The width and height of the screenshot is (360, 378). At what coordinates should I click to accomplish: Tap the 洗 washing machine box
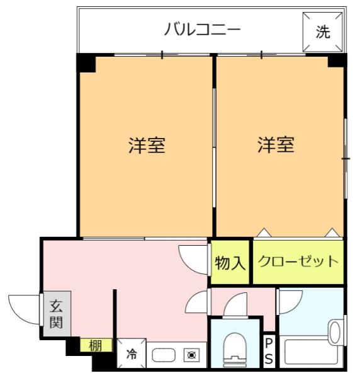(322, 33)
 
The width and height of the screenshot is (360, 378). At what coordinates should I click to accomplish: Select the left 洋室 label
(147, 146)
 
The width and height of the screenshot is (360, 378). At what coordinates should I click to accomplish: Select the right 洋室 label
(276, 146)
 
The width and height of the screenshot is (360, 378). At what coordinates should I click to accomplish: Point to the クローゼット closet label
(299, 261)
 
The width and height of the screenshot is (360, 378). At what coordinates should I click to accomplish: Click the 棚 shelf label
(96, 345)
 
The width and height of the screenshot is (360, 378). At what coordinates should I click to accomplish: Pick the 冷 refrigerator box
(132, 355)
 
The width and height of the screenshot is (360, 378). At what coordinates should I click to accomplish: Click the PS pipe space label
(269, 350)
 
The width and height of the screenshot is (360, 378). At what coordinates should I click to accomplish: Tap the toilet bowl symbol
(235, 347)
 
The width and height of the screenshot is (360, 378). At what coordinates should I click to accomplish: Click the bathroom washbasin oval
(335, 331)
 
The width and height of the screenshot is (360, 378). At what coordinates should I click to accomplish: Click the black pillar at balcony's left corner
(86, 62)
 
